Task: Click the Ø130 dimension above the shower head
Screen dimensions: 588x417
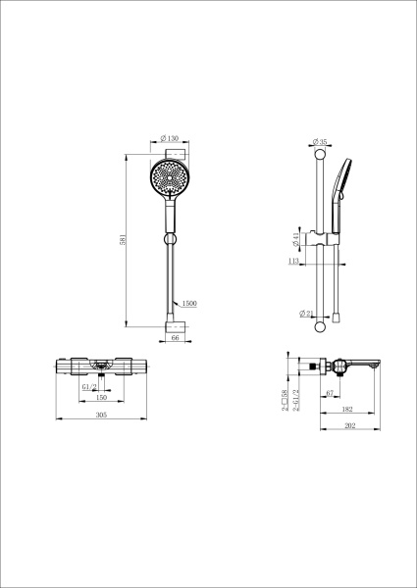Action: pos(172,139)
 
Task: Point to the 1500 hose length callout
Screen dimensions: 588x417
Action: pos(190,304)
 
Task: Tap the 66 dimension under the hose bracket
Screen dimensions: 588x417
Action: pos(175,336)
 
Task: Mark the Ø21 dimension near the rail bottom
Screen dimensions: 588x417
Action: pos(307,314)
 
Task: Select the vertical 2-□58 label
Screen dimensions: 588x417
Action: pos(284,397)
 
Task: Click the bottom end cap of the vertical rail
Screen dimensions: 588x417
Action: pos(320,320)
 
